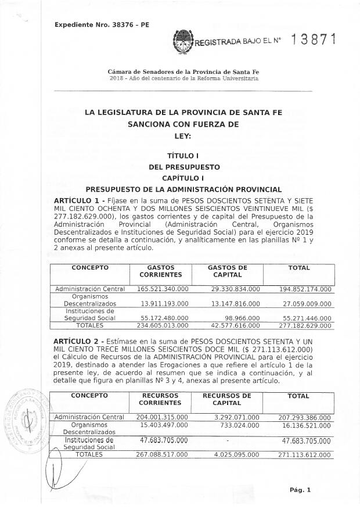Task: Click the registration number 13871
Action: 314,40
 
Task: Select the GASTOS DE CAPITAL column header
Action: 228,271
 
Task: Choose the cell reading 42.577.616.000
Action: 235,325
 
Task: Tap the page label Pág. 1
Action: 300,490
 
